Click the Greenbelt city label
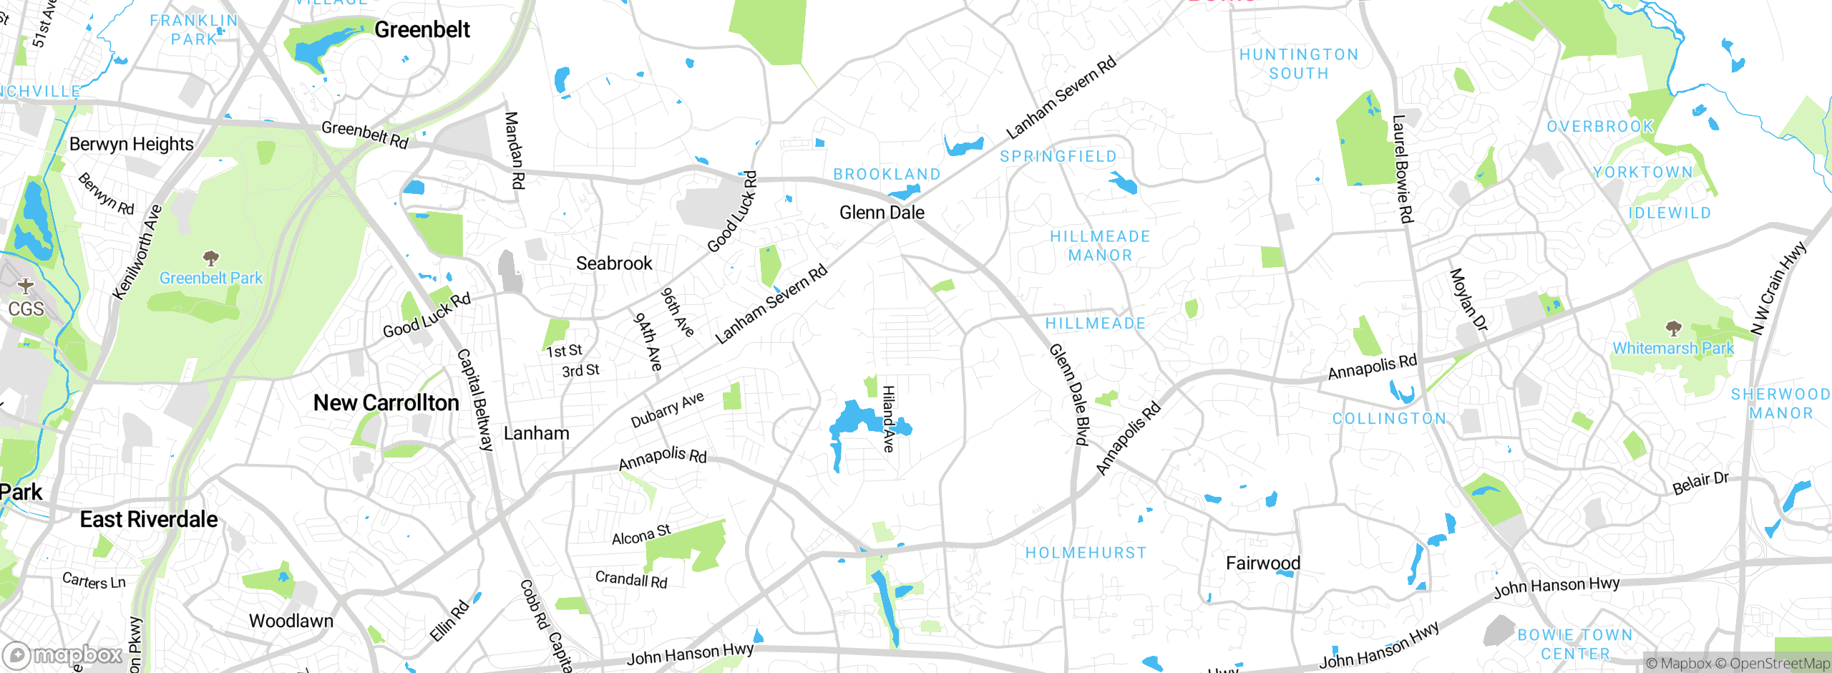click(x=422, y=30)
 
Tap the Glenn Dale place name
click(x=882, y=213)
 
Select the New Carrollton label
click(x=386, y=403)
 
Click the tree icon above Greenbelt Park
click(x=210, y=258)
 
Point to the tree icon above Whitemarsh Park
click(x=1673, y=329)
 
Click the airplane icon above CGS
click(x=26, y=286)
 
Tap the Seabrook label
click(x=614, y=263)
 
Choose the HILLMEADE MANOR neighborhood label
click(x=1100, y=246)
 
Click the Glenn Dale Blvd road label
click(x=1068, y=394)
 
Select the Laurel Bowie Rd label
click(x=1403, y=169)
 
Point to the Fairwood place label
click(x=1263, y=563)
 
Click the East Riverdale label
click(x=149, y=520)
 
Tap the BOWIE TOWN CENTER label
click(x=1574, y=644)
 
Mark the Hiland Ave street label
click(x=888, y=419)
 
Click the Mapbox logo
click(x=63, y=655)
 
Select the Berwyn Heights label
click(x=132, y=144)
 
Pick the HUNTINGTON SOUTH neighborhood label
click(x=1299, y=64)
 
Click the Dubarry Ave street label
click(x=667, y=410)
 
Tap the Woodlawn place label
click(x=291, y=621)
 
